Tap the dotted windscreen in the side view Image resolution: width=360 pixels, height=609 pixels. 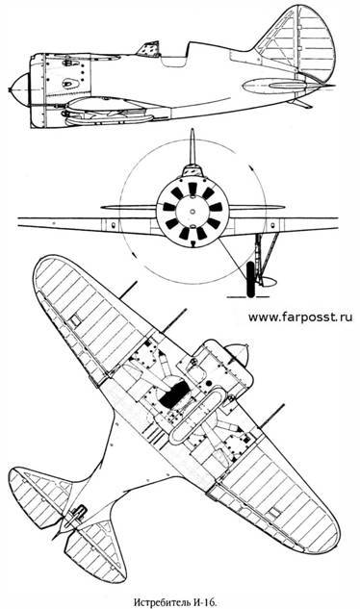click(150, 49)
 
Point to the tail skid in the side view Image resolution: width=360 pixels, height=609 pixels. click(301, 103)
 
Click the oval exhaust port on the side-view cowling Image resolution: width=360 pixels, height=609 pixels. click(69, 84)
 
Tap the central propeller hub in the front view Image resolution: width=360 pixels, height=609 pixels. click(193, 211)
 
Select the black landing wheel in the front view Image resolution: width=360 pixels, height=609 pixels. click(251, 279)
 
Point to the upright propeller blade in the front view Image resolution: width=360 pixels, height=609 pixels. click(192, 147)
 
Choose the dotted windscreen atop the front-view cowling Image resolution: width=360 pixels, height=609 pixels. click(193, 169)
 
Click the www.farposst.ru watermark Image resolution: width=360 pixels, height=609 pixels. click(300, 317)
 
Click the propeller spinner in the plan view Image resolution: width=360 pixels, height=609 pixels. click(237, 353)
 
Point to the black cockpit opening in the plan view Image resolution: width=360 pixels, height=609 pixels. click(174, 393)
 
